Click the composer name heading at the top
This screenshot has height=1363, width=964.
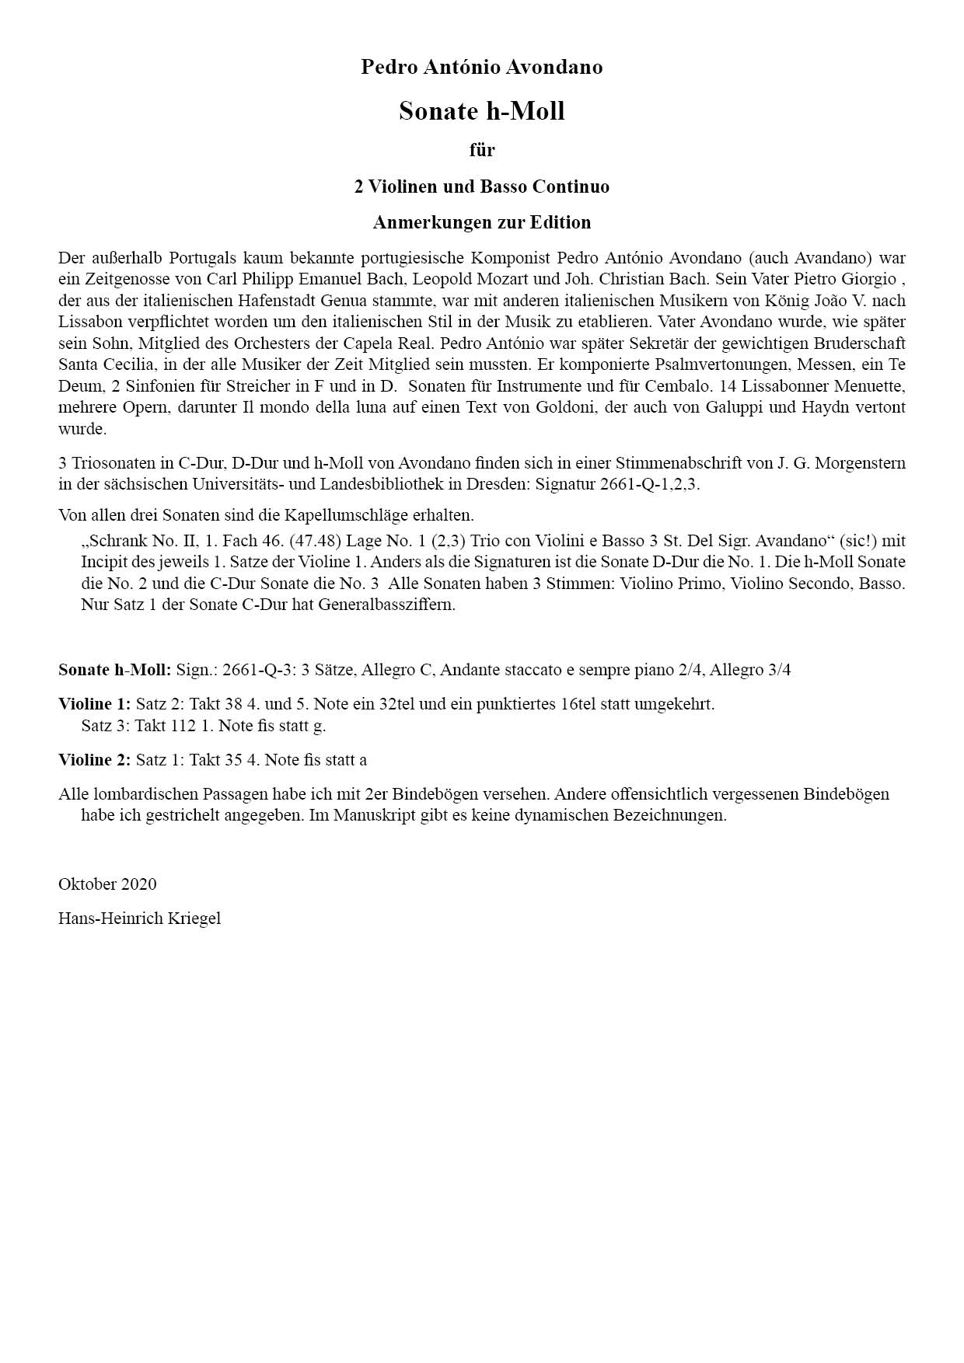pyautogui.click(x=481, y=68)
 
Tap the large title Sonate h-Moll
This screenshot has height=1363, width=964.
pyautogui.click(x=481, y=111)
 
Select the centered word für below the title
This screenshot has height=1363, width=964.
pyautogui.click(x=482, y=149)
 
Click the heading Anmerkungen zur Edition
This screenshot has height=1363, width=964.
pyautogui.click(x=481, y=223)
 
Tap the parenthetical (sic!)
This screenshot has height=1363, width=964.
pyautogui.click(x=859, y=541)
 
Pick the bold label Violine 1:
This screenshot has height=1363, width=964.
pyautogui.click(x=94, y=705)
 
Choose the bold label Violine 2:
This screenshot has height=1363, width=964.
pyautogui.click(x=94, y=760)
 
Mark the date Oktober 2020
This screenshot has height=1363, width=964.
pyautogui.click(x=107, y=884)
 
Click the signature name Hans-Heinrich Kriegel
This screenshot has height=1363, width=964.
pyautogui.click(x=139, y=919)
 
